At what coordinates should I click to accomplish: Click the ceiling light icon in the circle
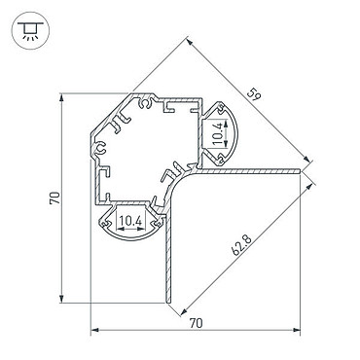click(x=30, y=31)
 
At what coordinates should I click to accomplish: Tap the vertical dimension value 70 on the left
click(x=54, y=198)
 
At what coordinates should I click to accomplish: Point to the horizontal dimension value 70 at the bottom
click(x=196, y=323)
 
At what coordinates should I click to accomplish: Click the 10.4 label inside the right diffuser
click(x=218, y=133)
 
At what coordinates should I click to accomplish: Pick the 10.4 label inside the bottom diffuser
click(x=130, y=221)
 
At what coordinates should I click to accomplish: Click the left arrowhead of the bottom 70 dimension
click(x=94, y=330)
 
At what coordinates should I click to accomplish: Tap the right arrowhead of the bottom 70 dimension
click(x=297, y=330)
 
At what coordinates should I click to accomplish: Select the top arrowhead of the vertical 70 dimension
click(x=61, y=97)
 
